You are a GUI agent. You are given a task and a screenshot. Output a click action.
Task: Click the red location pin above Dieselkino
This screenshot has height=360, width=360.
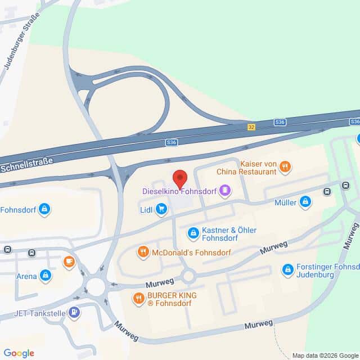(x=179, y=178)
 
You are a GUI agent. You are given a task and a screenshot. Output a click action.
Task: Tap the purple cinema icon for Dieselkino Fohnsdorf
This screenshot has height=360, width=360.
(x=225, y=191)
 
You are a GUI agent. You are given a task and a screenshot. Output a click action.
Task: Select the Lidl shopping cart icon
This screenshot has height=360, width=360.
(x=161, y=210)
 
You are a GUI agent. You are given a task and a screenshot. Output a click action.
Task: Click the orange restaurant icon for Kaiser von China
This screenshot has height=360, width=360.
(x=286, y=166)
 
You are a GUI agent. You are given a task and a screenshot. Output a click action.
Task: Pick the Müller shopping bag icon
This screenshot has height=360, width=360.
(x=305, y=202)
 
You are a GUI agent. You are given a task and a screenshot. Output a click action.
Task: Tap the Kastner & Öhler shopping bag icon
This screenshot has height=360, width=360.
(x=193, y=232)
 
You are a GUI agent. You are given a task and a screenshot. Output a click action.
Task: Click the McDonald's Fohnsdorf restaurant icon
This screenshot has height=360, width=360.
(x=143, y=253)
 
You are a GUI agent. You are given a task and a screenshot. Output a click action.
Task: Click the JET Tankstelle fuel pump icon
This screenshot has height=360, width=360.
(x=74, y=312)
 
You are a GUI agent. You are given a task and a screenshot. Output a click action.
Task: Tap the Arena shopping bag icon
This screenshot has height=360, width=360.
(x=46, y=276)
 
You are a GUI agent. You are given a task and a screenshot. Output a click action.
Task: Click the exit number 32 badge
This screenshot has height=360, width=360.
(x=251, y=127)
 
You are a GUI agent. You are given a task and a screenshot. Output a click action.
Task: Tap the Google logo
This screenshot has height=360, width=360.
(x=19, y=353)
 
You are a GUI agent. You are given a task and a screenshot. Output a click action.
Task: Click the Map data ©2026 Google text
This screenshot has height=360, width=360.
(x=325, y=355)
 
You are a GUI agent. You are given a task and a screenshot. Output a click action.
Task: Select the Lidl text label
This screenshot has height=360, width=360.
(x=146, y=210)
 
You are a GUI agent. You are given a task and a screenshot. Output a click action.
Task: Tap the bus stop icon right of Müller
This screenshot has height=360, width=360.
(x=327, y=191)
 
